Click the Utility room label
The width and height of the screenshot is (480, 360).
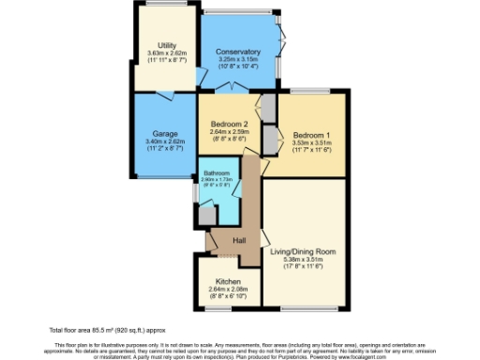168,45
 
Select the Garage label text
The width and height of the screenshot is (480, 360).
165,133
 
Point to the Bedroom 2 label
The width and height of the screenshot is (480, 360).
229,125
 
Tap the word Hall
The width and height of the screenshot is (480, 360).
239,242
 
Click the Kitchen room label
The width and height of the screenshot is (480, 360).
229,281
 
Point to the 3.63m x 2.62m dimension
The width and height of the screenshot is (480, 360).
168,53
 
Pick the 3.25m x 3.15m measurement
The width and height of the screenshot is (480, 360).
237,60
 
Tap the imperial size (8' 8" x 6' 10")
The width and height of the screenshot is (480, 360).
229,297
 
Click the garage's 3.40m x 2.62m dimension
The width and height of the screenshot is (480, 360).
165,142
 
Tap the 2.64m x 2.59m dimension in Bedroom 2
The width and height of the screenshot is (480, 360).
229,132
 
